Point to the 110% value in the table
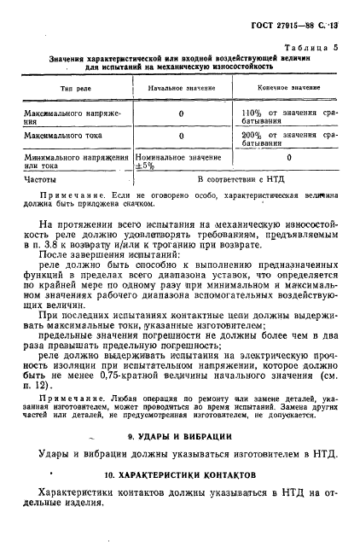tap(253, 113)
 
